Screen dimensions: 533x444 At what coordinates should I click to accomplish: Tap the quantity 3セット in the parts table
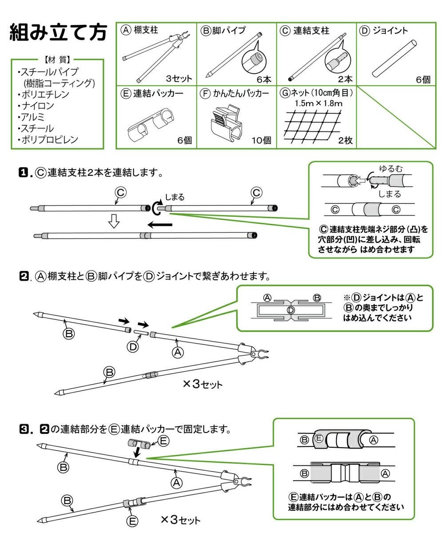179,79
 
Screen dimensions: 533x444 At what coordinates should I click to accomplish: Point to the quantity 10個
261,140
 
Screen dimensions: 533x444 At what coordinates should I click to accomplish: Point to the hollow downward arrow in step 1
114,221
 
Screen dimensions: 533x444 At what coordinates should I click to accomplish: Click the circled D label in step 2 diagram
133,347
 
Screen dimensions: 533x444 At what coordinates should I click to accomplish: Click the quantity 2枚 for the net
345,140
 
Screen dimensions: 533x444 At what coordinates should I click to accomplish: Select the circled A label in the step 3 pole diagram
176,482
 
